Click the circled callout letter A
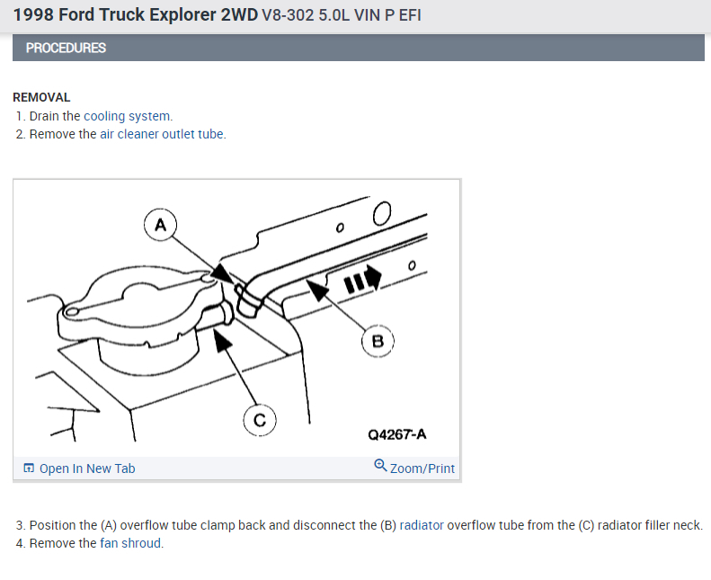[160, 224]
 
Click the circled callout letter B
[378, 341]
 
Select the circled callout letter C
[259, 420]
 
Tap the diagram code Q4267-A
[396, 434]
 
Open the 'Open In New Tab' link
[87, 468]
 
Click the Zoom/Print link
[422, 468]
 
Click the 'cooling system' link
[127, 116]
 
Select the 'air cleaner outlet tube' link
[162, 134]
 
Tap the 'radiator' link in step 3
[422, 525]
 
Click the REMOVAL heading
[41, 97]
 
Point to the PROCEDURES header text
[66, 48]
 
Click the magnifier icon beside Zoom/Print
[380, 466]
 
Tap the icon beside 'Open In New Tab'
[29, 468]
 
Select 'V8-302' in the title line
[286, 16]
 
